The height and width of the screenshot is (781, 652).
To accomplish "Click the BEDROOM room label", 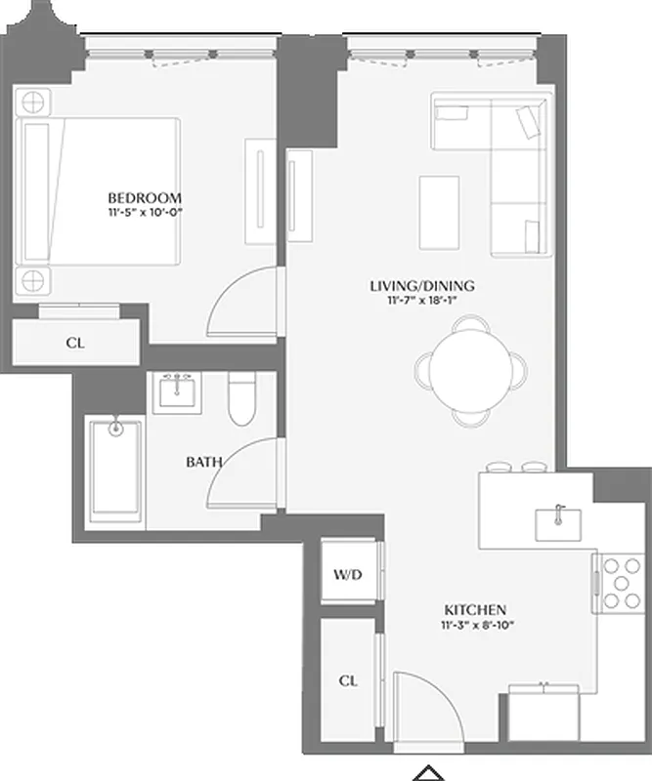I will pyautogui.click(x=145, y=197).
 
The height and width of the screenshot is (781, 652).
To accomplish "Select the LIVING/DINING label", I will pyautogui.click(x=421, y=286).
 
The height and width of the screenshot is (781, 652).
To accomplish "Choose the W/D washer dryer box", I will pyautogui.click(x=349, y=575).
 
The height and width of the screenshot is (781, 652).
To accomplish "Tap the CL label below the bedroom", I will pyautogui.click(x=74, y=343).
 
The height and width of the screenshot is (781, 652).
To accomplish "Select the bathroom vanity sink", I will pyautogui.click(x=178, y=392).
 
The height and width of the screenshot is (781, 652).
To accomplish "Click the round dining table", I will pyautogui.click(x=470, y=368).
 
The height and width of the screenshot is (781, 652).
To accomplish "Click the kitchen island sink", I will pyautogui.click(x=558, y=522).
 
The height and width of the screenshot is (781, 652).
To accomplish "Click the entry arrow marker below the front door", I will pyautogui.click(x=427, y=772).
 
